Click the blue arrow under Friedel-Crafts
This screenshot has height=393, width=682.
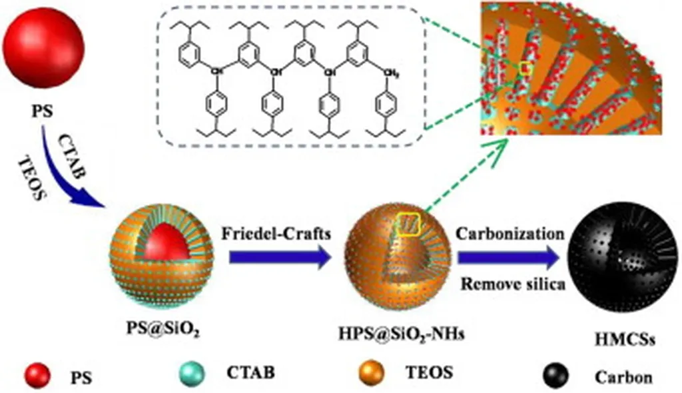click(280, 257)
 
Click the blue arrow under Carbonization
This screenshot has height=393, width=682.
click(508, 258)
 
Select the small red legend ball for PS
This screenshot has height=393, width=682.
click(37, 375)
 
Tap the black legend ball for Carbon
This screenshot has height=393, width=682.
click(559, 375)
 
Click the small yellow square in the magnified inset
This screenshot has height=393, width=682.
click(525, 67)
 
